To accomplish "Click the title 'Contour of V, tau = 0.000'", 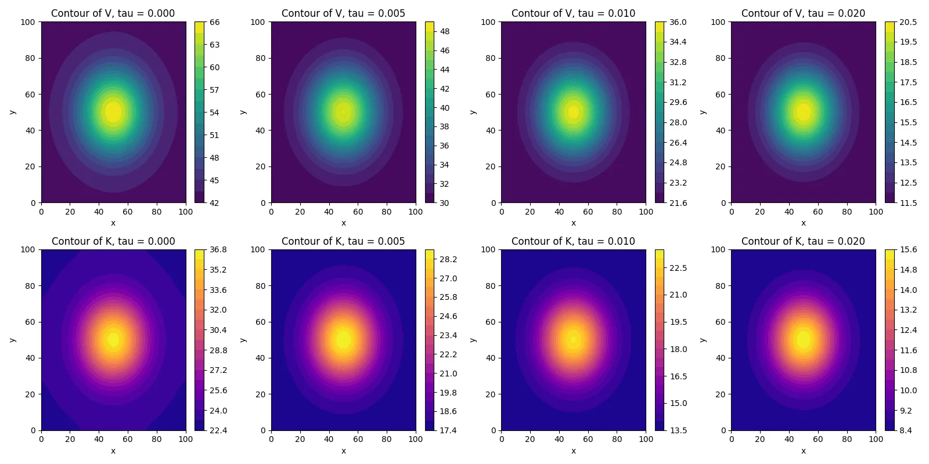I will pos(113,13).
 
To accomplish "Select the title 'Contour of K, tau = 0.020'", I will pos(803,241).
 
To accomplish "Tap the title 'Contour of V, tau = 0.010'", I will pos(573,13).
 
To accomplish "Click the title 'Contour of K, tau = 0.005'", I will pos(343,241).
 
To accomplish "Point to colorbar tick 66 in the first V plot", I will pos(214,22).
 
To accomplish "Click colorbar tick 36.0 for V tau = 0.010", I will pos(678,22).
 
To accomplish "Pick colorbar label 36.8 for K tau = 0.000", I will pos(218,250).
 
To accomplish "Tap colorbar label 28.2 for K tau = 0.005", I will pos(448,259).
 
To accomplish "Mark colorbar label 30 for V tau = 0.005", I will pos(444,203).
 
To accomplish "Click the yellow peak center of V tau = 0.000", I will pos(113,112).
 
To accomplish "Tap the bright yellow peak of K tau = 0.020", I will pos(804,339).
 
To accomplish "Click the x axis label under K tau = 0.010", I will pos(573,451).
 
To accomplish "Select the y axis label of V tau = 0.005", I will pos(243,112).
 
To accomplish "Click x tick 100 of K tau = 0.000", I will pos(186,440).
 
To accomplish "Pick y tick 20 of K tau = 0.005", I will pos(260,394).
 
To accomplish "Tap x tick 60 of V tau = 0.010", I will pos(588,212).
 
